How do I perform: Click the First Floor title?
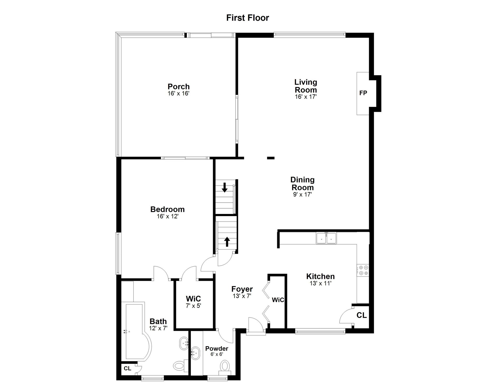pos(248,18)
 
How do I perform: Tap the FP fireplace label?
pos(363,93)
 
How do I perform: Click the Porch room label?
pos(179,86)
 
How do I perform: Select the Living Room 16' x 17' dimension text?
pos(306,97)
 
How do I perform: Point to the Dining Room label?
pos(302,183)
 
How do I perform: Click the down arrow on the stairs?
pos(225,187)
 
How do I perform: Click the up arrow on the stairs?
pos(227,242)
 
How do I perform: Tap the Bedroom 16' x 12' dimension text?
pos(167,216)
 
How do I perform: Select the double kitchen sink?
pos(326,238)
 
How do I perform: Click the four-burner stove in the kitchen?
pos(363,270)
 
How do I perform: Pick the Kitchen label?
pos(320,276)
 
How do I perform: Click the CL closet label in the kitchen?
pos(362,315)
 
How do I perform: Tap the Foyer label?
pos(242,289)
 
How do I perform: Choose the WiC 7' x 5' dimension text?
pos(193,306)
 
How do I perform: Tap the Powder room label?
pos(217,349)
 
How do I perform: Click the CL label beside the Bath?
pos(127,368)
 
